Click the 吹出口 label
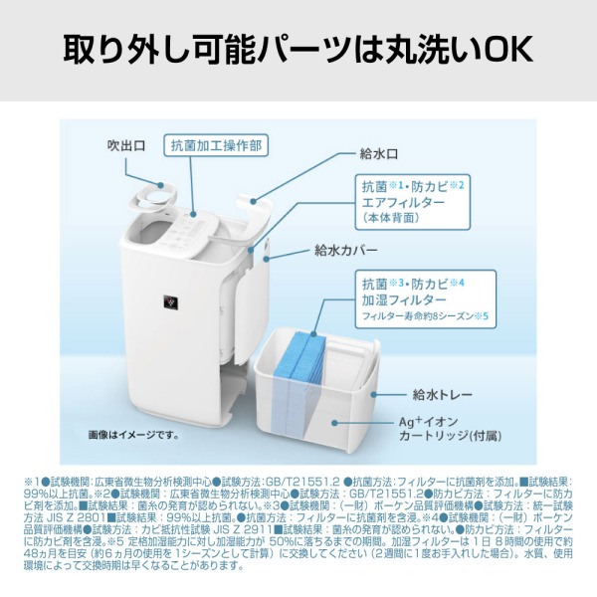pyautogui.click(x=126, y=146)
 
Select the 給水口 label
pyautogui.click(x=378, y=155)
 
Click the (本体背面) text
pyautogui.click(x=391, y=219)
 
